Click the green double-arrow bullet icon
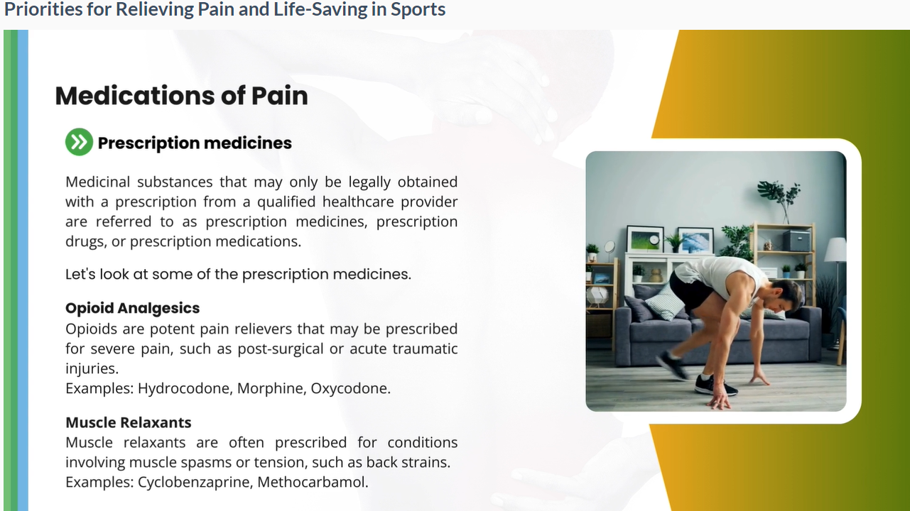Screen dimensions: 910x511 80,142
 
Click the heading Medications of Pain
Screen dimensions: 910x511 182,96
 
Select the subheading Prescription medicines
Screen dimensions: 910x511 195,143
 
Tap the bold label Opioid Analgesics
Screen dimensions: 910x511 132,308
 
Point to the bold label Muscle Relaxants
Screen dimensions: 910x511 129,422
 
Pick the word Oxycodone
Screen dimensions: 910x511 350,388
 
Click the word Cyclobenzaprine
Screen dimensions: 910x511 195,482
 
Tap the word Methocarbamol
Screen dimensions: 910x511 313,482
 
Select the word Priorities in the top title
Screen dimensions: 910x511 43,9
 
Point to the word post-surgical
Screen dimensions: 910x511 281,349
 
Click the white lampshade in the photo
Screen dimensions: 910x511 835,250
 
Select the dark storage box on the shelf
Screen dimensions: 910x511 796,241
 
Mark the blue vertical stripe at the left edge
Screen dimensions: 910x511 23,270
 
